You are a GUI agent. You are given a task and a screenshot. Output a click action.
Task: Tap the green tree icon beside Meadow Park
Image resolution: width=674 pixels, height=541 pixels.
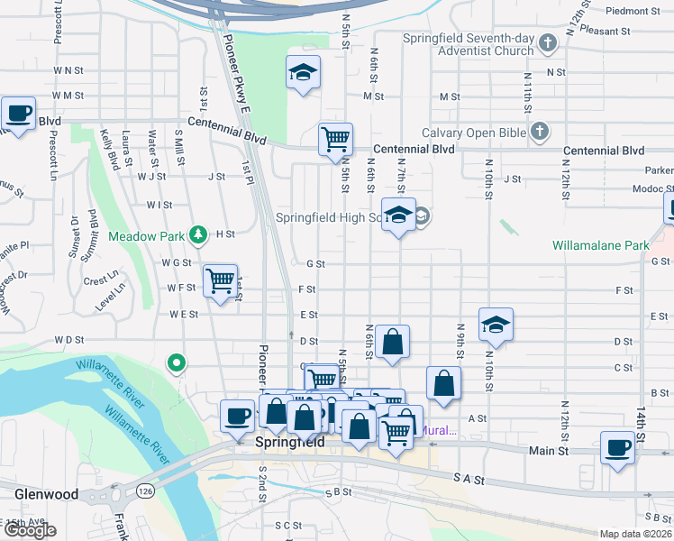tap(198, 236)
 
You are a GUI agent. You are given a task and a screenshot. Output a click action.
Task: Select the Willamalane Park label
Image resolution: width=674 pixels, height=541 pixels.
tap(601, 245)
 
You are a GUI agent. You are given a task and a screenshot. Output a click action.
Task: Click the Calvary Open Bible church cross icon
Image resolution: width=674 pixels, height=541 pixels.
tap(539, 133)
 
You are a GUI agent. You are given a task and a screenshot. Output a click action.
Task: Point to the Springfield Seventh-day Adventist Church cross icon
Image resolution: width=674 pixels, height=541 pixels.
tap(547, 43)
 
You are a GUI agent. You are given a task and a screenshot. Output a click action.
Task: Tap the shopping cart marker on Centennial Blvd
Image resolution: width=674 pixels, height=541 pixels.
tap(335, 139)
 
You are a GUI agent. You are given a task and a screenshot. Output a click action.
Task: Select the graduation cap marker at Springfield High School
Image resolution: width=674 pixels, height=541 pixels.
tap(398, 215)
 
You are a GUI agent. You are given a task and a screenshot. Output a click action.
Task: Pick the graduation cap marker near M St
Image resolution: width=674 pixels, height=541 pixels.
tap(304, 73)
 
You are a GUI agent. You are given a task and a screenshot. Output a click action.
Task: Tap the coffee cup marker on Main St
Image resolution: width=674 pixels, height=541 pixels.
tap(618, 447)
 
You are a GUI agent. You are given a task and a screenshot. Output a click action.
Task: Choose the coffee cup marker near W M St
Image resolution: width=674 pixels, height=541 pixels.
tap(18, 114)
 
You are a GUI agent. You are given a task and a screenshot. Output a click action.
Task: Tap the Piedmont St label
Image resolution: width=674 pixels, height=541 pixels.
tap(633, 11)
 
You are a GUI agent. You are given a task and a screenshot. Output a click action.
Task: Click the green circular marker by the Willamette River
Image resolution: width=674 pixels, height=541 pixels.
tap(178, 364)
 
